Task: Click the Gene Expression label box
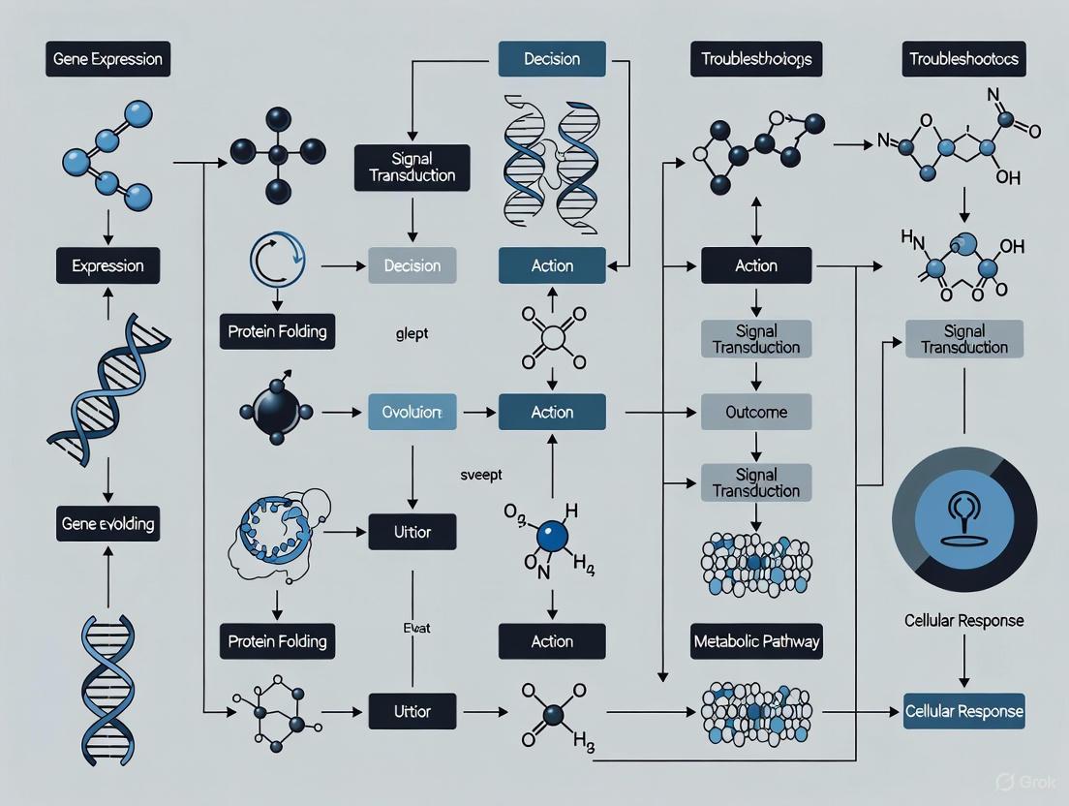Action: [x=108, y=60]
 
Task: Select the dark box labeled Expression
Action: [x=107, y=265]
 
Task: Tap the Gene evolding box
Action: [x=107, y=524]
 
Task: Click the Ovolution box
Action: [x=412, y=413]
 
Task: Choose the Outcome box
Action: [x=756, y=413]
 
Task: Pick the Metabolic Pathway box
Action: [x=757, y=641]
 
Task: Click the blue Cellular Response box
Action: [x=963, y=711]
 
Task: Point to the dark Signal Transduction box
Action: [x=412, y=167]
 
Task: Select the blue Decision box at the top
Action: [x=552, y=60]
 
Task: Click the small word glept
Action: [x=412, y=333]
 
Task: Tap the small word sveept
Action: [x=480, y=475]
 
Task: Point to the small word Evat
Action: [x=415, y=628]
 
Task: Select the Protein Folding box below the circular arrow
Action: [x=278, y=331]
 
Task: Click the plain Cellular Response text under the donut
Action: [x=963, y=620]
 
